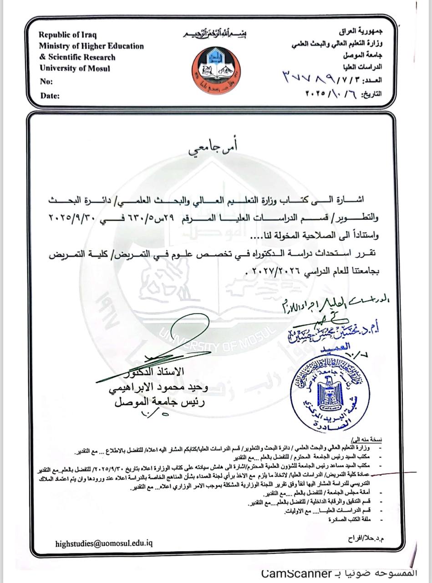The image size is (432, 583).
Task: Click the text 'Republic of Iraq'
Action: tap(68, 35)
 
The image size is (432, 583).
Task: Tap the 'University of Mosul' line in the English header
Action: tap(75, 69)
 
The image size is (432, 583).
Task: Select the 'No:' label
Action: tap(46, 82)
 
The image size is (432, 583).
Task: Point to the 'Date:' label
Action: tap(50, 96)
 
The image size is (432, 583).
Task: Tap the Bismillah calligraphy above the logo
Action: tap(216, 35)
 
